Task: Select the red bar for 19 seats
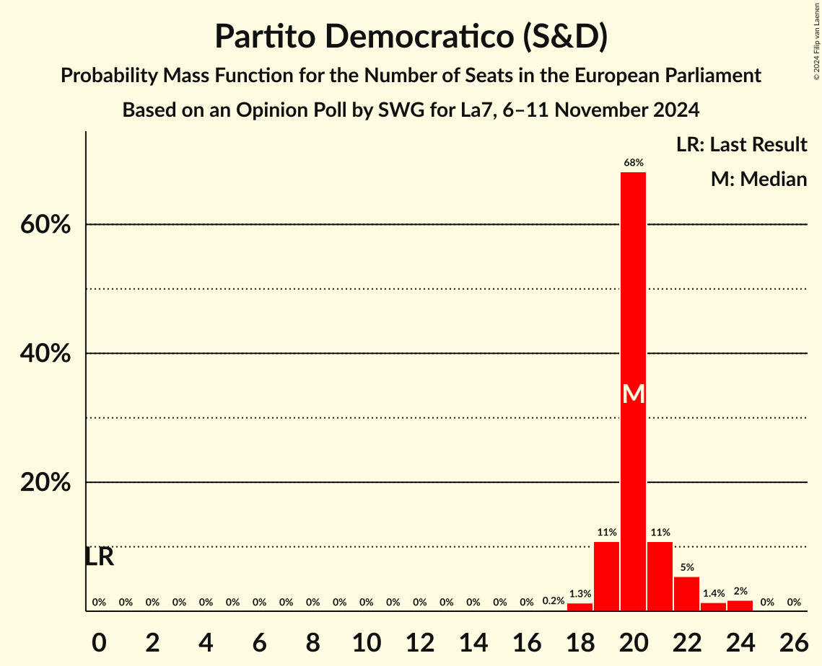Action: (x=606, y=576)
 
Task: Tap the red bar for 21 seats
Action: (x=660, y=576)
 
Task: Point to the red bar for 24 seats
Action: (x=740, y=605)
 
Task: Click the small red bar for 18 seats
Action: (x=580, y=607)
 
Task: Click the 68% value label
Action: (x=633, y=164)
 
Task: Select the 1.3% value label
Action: (x=580, y=595)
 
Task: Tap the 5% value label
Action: (x=686, y=568)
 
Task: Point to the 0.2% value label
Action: (x=553, y=601)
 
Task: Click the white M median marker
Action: (x=633, y=394)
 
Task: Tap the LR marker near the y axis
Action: (x=100, y=556)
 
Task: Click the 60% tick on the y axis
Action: (x=45, y=225)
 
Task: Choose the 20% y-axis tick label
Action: (x=45, y=483)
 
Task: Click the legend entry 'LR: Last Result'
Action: (x=741, y=145)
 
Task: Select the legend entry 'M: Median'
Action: (x=758, y=179)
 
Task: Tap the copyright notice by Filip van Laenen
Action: (x=816, y=40)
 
